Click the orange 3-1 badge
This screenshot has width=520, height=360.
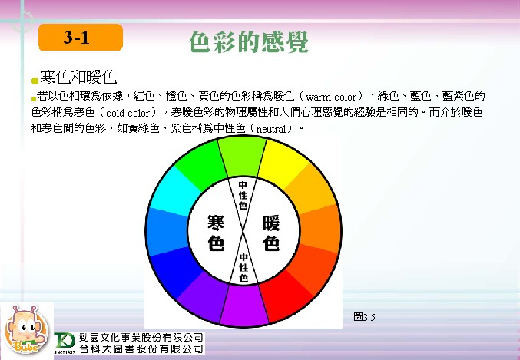pyautogui.click(x=81, y=37)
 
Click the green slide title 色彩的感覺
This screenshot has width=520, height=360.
pyautogui.click(x=249, y=41)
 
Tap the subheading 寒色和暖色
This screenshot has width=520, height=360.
pyautogui.click(x=78, y=78)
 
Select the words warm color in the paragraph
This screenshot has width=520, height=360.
pyautogui.click(x=330, y=97)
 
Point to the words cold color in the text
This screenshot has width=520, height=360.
pyautogui.click(x=128, y=113)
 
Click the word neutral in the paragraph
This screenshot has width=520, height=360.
pyautogui.click(x=271, y=129)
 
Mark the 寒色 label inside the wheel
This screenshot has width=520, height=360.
pyautogui.click(x=216, y=233)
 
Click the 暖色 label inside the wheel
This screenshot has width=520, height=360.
pyautogui.click(x=271, y=233)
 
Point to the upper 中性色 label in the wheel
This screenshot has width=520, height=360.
pyautogui.click(x=243, y=195)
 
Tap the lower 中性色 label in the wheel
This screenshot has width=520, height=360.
pyautogui.click(x=243, y=267)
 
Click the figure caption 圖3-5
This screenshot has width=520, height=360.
pyautogui.click(x=364, y=317)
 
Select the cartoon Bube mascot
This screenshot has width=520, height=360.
pyautogui.click(x=27, y=330)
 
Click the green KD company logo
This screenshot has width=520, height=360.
pyautogui.click(x=65, y=342)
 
